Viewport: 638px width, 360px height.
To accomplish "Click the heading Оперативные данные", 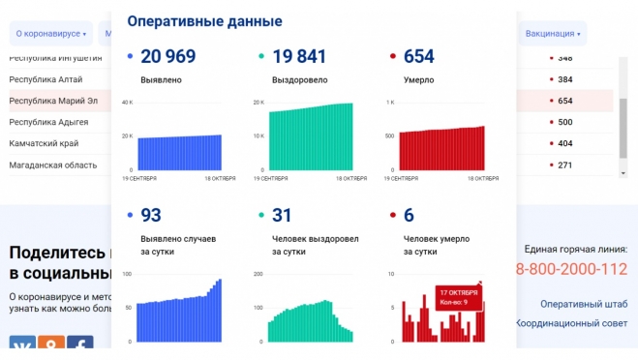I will click(204, 21).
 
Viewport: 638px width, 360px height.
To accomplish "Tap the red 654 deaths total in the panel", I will click(418, 56).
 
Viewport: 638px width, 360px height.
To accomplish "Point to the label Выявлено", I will click(161, 80).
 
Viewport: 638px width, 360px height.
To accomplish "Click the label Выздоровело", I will click(300, 80).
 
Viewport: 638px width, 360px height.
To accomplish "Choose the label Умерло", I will click(418, 80).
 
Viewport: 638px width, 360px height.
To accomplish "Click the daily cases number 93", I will click(151, 215).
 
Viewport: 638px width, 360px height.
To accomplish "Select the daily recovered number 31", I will click(282, 215).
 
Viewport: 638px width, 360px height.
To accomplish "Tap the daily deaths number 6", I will click(410, 215).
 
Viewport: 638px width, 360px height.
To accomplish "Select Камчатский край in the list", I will click(44, 143).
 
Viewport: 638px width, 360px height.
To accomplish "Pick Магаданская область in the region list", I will click(52, 165).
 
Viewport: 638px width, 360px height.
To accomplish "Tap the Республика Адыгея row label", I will click(48, 122).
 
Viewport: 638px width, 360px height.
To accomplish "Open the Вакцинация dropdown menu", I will click(553, 34).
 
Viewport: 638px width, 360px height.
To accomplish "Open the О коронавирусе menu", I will click(50, 34).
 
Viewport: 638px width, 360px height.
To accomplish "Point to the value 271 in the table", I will click(565, 165).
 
